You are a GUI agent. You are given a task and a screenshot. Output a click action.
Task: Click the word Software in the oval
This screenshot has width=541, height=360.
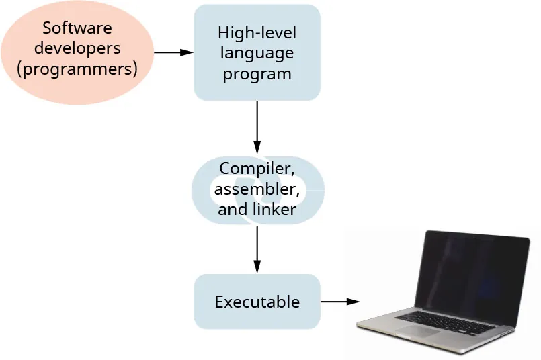[77, 28]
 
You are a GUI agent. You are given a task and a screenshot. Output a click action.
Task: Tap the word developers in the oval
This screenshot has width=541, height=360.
[77, 48]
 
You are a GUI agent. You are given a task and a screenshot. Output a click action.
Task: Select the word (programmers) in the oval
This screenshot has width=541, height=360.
[77, 69]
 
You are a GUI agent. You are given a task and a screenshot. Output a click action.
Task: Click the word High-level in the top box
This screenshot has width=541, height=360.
[257, 32]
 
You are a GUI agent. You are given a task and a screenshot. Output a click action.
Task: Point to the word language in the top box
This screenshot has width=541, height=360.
[257, 52]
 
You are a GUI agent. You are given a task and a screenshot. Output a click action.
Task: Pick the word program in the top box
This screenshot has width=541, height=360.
[257, 73]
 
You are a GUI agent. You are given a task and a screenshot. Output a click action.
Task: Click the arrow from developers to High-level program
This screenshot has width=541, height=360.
[173, 52]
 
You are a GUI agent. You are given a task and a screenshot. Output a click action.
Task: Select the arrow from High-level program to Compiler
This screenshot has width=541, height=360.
[257, 128]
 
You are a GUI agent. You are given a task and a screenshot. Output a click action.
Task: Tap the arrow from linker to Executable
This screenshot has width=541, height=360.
[257, 249]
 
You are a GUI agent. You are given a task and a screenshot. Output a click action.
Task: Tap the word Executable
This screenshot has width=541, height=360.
[257, 302]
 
